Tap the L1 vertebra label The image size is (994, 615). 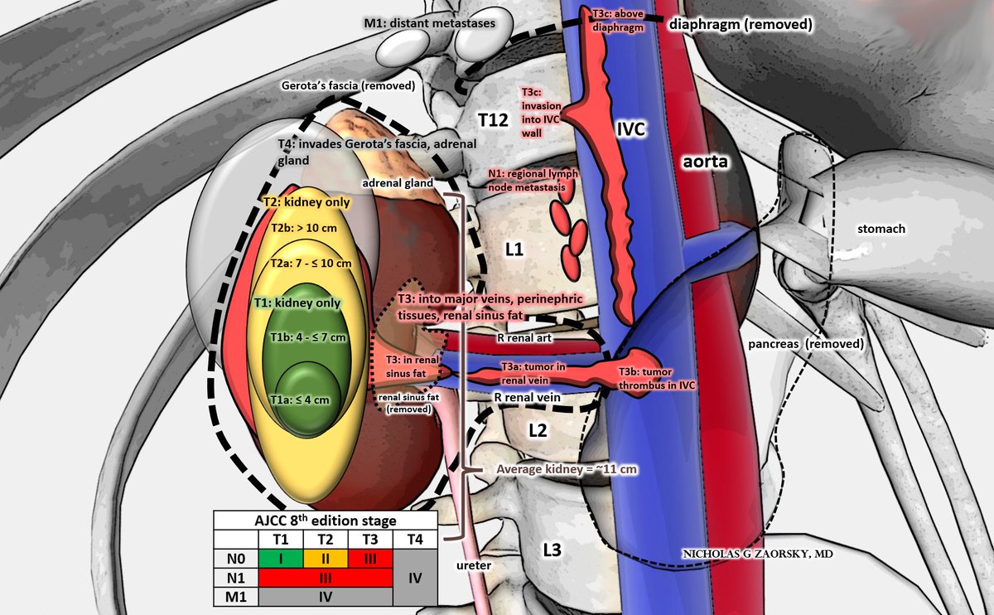click(x=514, y=248)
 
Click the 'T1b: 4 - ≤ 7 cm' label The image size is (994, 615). click(x=309, y=337)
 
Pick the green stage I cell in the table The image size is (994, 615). click(x=281, y=558)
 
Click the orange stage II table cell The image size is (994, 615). click(x=325, y=558)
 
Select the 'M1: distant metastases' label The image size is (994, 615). click(x=430, y=23)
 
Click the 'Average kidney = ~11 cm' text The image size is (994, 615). click(x=560, y=469)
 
